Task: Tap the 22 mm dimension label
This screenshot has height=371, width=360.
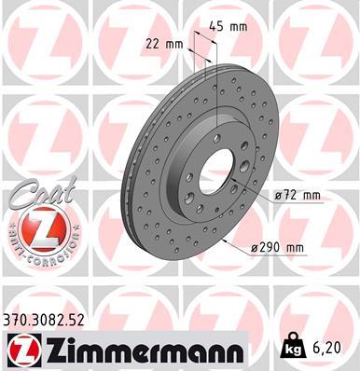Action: [166, 44]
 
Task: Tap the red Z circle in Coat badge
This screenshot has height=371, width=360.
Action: [35, 225]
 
